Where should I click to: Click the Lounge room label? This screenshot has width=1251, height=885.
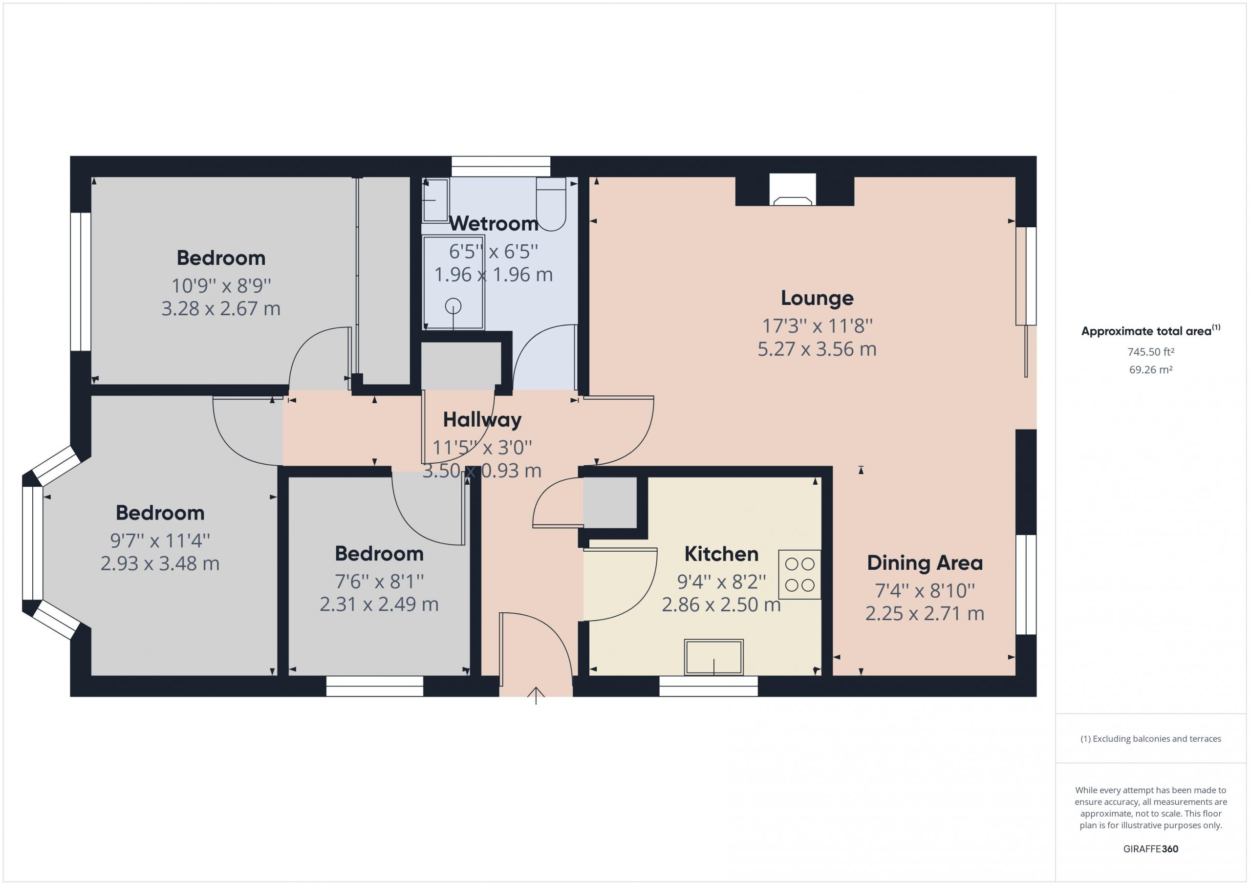(x=817, y=298)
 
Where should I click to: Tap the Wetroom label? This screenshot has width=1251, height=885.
(x=494, y=223)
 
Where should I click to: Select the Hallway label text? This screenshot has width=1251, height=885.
(x=482, y=420)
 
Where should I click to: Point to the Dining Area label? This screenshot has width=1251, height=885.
(x=925, y=563)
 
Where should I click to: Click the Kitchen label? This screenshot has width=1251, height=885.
(x=721, y=554)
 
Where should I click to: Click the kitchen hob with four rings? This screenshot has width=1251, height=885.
(x=799, y=574)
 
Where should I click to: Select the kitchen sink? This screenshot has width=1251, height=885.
(x=714, y=657)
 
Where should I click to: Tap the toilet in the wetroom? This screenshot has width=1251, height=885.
(x=551, y=204)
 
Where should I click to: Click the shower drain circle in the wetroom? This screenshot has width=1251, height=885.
(x=453, y=307)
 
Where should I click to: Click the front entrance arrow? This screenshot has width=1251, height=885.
(x=536, y=696)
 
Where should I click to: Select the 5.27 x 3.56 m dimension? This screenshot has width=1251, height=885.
(x=817, y=349)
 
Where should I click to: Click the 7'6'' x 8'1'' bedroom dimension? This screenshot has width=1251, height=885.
(x=379, y=582)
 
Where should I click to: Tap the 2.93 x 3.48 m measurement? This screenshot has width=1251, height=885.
(x=160, y=563)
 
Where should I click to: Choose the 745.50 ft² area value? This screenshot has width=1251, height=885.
(x=1151, y=352)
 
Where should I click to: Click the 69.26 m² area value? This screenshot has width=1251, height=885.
(x=1151, y=369)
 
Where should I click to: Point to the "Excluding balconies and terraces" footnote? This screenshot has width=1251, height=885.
(x=1151, y=739)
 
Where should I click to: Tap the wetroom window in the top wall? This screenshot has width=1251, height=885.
(x=501, y=166)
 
